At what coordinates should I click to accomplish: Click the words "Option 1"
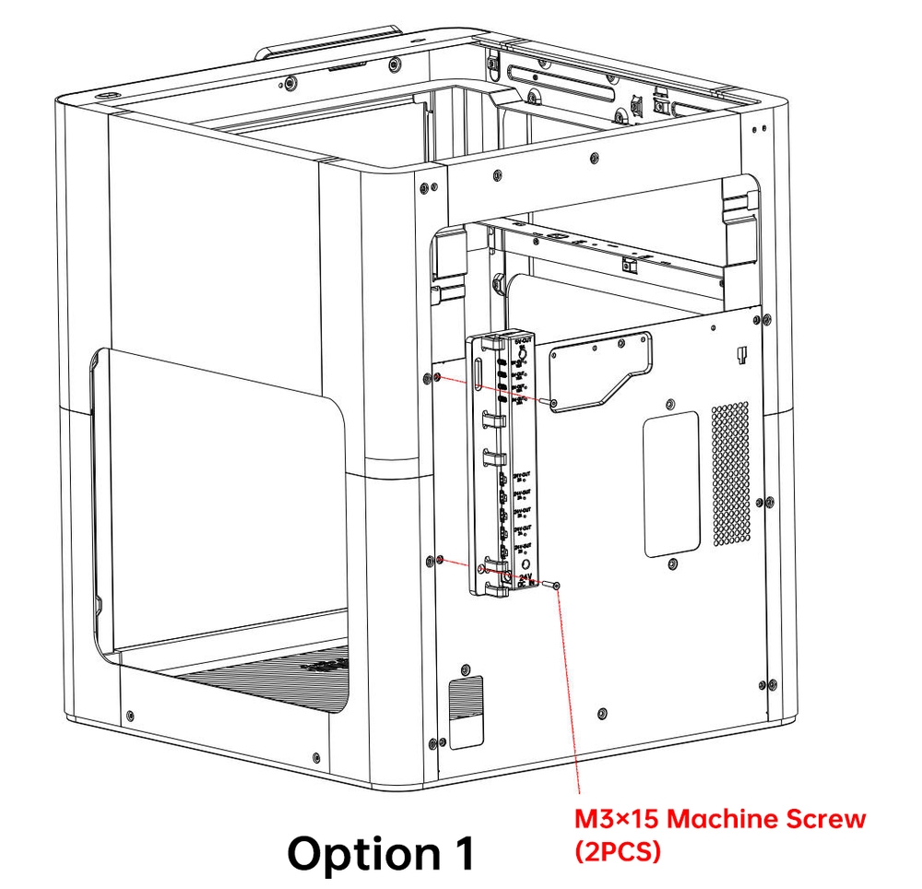tap(381, 853)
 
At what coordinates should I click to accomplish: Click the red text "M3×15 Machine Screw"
tap(720, 818)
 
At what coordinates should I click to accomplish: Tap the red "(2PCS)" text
tap(618, 852)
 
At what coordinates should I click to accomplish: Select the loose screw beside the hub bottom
tap(553, 585)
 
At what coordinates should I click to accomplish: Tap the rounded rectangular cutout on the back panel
tap(670, 484)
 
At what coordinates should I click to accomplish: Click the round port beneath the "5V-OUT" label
tap(523, 352)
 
